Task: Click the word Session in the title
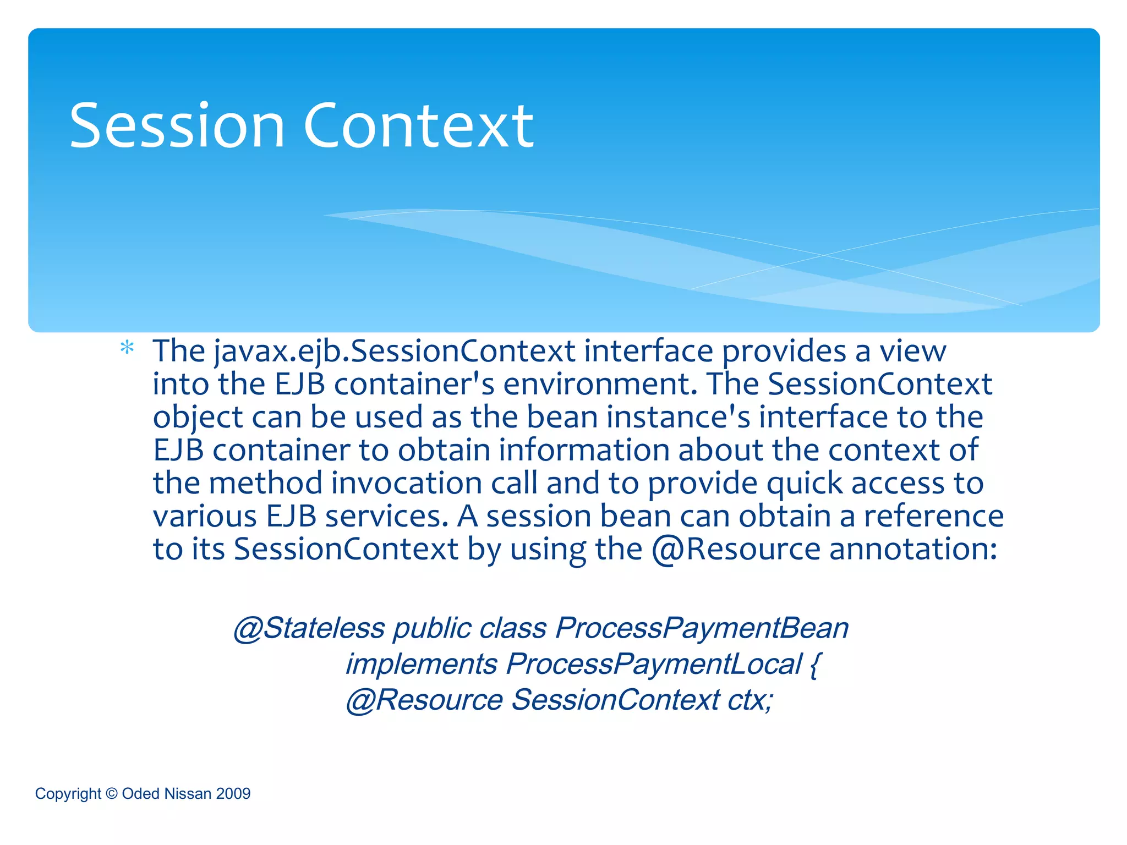pyautogui.click(x=177, y=126)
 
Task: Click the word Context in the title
pyautogui.click(x=418, y=126)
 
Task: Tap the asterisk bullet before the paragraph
pyautogui.click(x=127, y=349)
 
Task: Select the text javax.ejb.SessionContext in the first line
pyautogui.click(x=395, y=351)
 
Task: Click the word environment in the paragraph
pyautogui.click(x=600, y=384)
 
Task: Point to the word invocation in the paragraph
pyautogui.click(x=407, y=483)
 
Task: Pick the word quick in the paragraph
pyautogui.click(x=804, y=483)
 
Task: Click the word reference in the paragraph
pyautogui.click(x=933, y=516)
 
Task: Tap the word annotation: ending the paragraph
pyautogui.click(x=913, y=549)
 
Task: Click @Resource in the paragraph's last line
pyautogui.click(x=736, y=549)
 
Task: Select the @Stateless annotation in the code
pyautogui.click(x=309, y=628)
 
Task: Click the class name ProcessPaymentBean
pyautogui.click(x=702, y=628)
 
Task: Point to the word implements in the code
pyautogui.click(x=422, y=664)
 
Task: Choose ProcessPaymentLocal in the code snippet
pyautogui.click(x=654, y=664)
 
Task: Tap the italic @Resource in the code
pyautogui.click(x=424, y=700)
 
